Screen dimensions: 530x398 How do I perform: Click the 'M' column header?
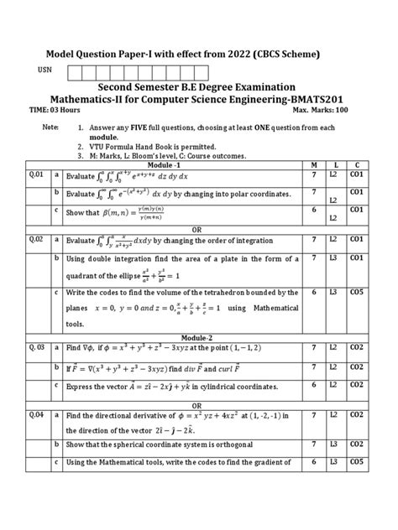click(x=313, y=165)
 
